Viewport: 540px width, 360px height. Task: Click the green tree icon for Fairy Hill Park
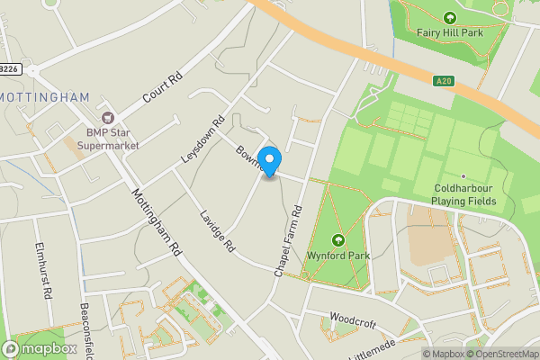[450, 17]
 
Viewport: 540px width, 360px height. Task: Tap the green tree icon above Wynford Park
[338, 240]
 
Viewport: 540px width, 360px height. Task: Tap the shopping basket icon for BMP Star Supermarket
[109, 117]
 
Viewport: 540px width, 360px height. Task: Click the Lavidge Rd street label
[217, 230]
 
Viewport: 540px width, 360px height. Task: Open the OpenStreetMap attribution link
[502, 354]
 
